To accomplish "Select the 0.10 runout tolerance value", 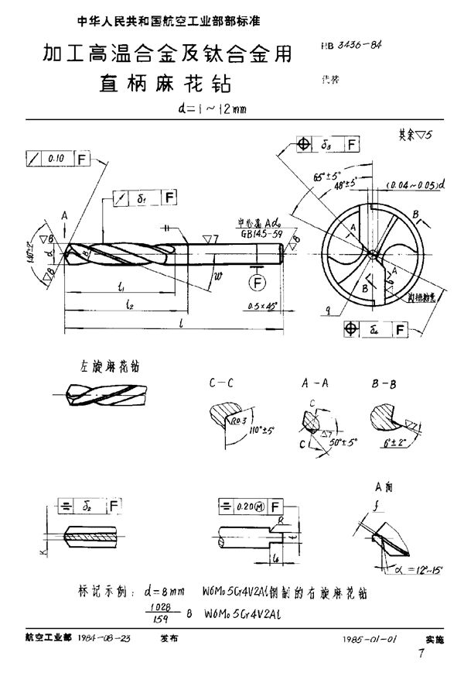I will tap(55, 160).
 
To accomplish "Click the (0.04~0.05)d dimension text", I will tap(415, 187).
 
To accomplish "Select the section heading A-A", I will tap(312, 382).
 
